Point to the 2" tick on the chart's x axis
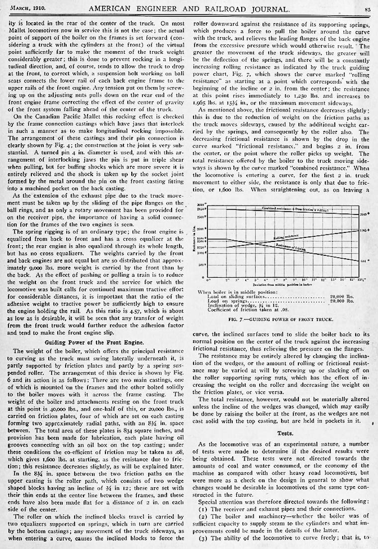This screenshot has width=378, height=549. coord(227,278)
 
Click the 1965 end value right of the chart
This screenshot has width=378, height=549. coord(364,231)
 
